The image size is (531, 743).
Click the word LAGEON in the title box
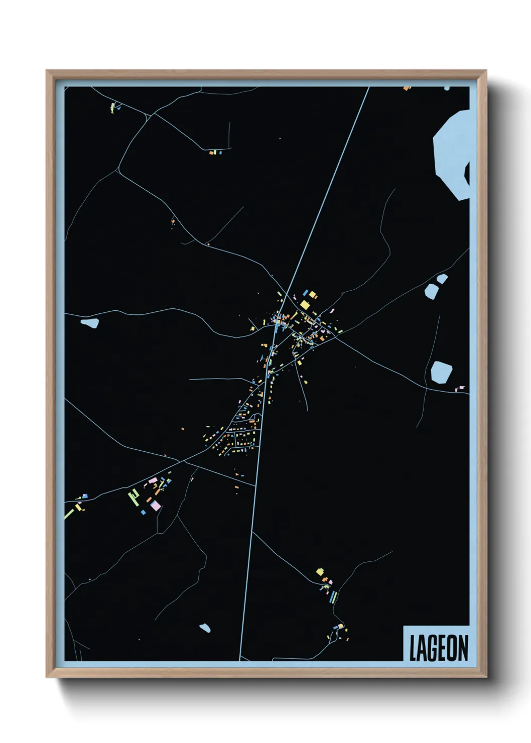coord(438,648)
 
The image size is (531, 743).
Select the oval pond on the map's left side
coord(90,323)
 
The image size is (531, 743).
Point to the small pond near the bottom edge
coord(205,628)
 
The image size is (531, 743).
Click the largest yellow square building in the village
coord(305,305)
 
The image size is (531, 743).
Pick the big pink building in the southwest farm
coord(156,505)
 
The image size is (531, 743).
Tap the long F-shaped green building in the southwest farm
coord(134,497)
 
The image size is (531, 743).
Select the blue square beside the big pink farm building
coord(143,513)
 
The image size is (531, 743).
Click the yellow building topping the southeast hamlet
coord(320,571)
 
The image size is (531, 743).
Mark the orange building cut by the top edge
coord(407,88)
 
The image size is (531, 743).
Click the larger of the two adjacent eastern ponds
coord(431,290)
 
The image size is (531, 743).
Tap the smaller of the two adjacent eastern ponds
coord(442,279)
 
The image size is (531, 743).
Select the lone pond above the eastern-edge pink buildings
coord(441,372)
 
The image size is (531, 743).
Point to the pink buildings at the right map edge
coord(460,389)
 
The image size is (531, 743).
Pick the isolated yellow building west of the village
coord(252,328)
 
